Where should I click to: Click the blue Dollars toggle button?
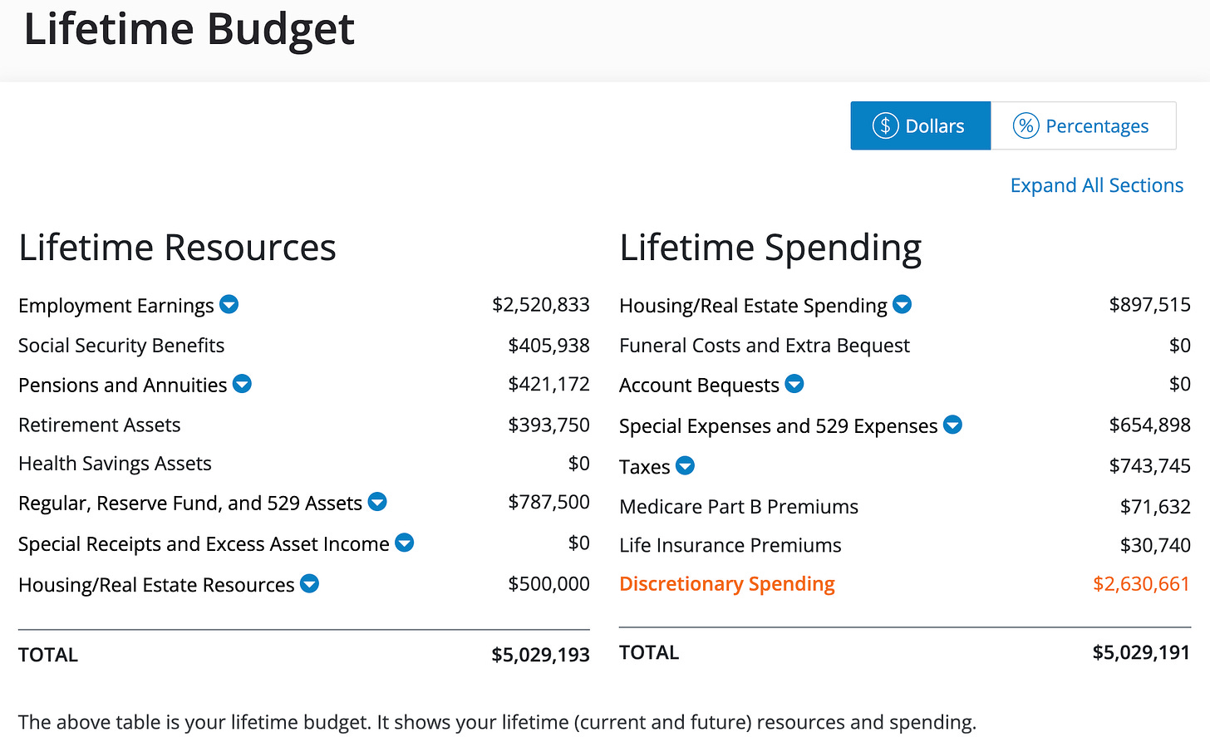pyautogui.click(x=921, y=125)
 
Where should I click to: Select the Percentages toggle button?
pyautogui.click(x=1084, y=125)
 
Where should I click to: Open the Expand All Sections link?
pyautogui.click(x=1097, y=185)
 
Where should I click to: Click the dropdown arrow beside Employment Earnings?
pyautogui.click(x=229, y=304)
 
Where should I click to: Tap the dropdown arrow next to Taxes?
pyautogui.click(x=685, y=464)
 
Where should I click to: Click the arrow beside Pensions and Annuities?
pyautogui.click(x=242, y=384)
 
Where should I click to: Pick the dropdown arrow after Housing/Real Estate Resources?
pyautogui.click(x=309, y=583)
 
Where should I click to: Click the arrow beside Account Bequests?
pyautogui.click(x=794, y=384)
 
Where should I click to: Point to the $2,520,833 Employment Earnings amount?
pyautogui.click(x=541, y=304)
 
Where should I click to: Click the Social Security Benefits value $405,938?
pyautogui.click(x=548, y=345)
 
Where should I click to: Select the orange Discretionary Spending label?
pyautogui.click(x=727, y=583)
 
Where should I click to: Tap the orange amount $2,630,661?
pyautogui.click(x=1141, y=583)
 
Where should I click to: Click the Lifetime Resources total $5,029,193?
pyautogui.click(x=540, y=655)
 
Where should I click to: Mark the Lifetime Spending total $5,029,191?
pyautogui.click(x=1141, y=652)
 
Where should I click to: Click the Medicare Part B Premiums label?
pyautogui.click(x=739, y=507)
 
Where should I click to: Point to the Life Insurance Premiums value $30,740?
pyautogui.click(x=1155, y=545)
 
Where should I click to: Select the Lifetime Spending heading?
pyautogui.click(x=770, y=248)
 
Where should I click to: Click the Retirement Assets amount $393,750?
pyautogui.click(x=548, y=425)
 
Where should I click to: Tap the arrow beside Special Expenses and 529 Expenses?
pyautogui.click(x=953, y=425)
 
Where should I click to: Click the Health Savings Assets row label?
pyautogui.click(x=115, y=464)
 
